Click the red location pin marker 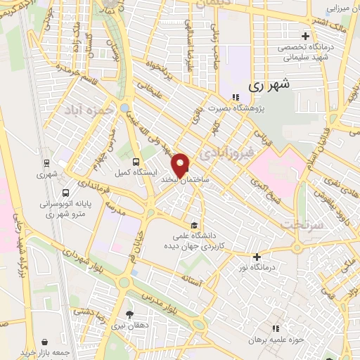[181, 165]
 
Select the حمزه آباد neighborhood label [88, 110]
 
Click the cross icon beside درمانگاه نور [257, 257]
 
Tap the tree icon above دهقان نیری [128, 314]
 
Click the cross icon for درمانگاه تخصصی [304, 36]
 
